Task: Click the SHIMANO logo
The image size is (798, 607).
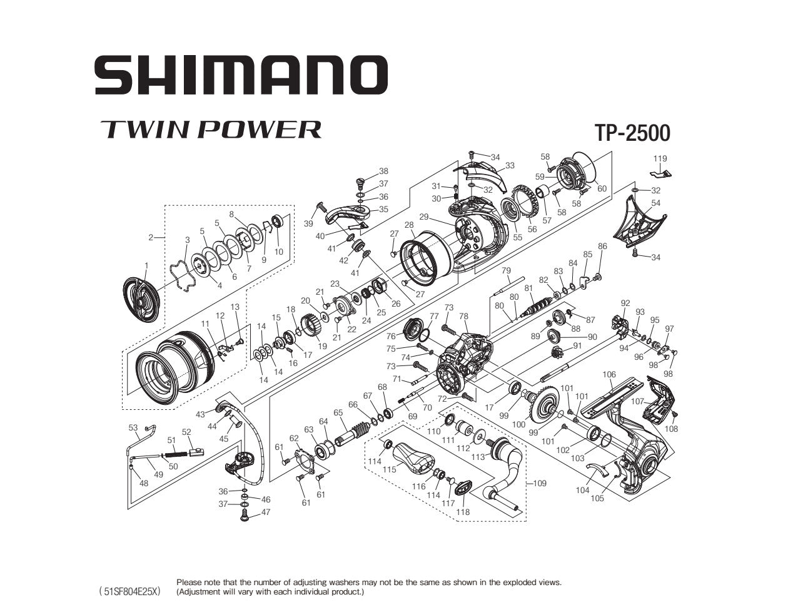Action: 241,74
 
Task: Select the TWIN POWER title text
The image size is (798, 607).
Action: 211,129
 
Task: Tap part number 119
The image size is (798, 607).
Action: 660,159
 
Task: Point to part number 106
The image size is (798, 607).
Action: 609,375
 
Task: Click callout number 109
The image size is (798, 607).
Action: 539,483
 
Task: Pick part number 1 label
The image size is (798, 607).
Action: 146,266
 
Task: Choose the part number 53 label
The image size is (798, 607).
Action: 133,428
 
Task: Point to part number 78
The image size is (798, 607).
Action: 463,317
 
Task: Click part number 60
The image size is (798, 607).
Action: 602,189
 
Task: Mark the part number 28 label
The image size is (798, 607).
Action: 409,225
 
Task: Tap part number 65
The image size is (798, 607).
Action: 338,413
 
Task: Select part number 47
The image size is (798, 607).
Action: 266,512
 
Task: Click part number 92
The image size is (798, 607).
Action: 625,303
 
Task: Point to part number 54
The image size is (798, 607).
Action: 655,203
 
